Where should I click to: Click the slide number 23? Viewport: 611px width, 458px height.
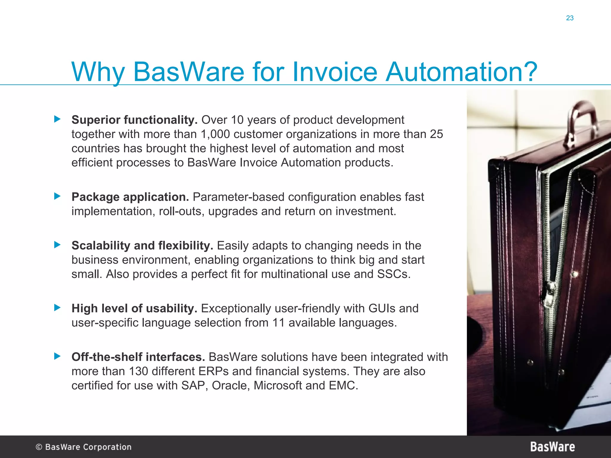tap(570, 18)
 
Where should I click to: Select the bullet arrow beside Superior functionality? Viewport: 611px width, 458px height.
tap(57, 119)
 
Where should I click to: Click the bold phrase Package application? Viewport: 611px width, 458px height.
tap(130, 197)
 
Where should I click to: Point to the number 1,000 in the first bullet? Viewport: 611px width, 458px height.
tap(215, 134)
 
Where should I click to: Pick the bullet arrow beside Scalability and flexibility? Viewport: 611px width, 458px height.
tap(57, 245)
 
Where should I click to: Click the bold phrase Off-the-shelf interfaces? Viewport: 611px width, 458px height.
tap(138, 357)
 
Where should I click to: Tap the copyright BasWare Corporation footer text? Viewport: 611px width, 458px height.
tap(84, 447)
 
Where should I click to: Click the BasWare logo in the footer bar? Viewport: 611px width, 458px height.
tap(552, 447)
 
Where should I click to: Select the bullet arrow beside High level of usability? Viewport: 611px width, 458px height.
tap(57, 307)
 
